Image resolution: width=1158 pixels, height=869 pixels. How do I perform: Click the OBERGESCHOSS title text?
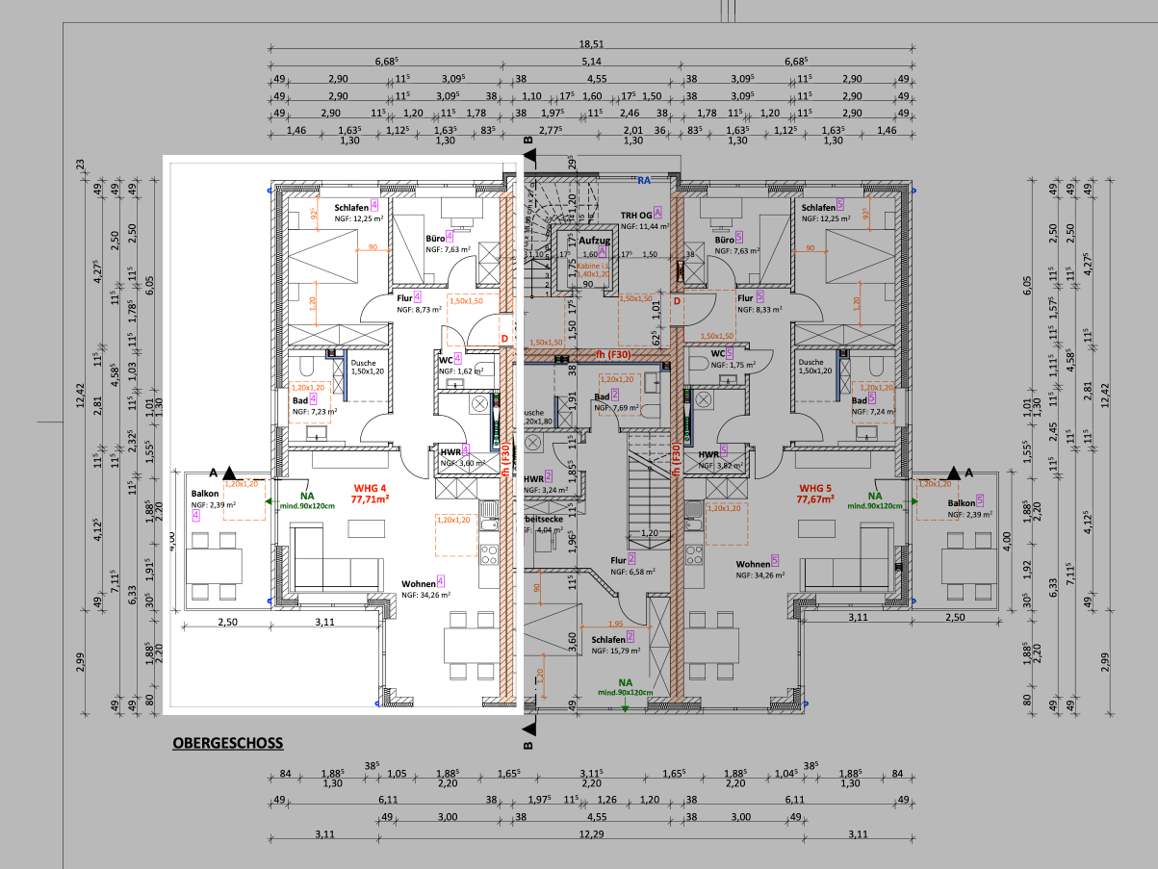pos(227,743)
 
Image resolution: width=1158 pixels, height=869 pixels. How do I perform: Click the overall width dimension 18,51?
pos(591,44)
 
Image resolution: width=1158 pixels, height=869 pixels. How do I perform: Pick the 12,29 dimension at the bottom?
pos(591,833)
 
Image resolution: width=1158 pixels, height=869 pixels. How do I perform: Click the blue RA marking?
pos(644,179)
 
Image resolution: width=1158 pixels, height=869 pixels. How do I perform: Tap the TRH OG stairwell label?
pos(637,214)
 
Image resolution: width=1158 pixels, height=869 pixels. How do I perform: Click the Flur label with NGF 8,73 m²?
pos(404,298)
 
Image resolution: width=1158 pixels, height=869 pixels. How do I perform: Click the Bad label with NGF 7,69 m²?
pos(602,396)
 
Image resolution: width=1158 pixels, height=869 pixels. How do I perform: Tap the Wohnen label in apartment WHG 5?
pos(752,563)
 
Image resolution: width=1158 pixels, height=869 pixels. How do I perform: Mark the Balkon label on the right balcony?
pos(961,502)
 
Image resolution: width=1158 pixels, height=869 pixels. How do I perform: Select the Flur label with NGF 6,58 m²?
pos(617,559)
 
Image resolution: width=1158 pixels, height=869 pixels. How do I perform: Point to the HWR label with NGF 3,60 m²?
pos(449,450)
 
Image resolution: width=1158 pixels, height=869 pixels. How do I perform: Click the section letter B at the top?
pos(528,141)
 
